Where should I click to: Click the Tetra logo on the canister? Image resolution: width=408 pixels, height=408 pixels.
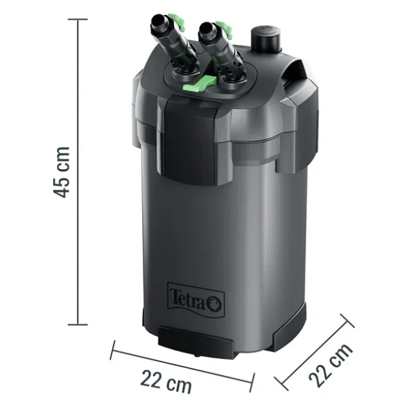tap(196, 300)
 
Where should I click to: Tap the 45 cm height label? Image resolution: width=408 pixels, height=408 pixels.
tap(61, 172)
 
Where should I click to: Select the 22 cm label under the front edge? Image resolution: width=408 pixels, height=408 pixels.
tap(167, 382)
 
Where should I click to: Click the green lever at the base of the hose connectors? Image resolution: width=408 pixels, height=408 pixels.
tap(200, 84)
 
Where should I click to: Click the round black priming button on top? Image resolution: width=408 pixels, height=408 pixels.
tap(266, 39)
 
